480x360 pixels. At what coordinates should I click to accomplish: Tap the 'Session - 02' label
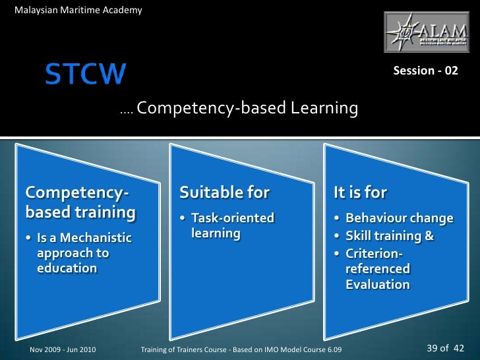[425, 71]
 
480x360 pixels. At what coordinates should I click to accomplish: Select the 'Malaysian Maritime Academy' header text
[78, 10]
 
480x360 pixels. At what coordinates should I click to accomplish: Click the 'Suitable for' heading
[224, 193]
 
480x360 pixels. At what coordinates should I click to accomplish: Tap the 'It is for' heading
[360, 193]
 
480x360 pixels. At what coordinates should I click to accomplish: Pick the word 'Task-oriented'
[233, 218]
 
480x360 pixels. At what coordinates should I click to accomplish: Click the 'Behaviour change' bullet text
[400, 218]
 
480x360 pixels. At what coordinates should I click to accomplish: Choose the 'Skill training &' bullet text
[390, 235]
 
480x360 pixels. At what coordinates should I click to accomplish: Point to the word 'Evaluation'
[377, 284]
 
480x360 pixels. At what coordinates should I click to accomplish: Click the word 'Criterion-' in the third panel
[374, 253]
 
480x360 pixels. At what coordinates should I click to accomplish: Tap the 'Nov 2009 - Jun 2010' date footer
[63, 348]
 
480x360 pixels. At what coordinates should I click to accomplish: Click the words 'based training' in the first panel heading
[80, 212]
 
